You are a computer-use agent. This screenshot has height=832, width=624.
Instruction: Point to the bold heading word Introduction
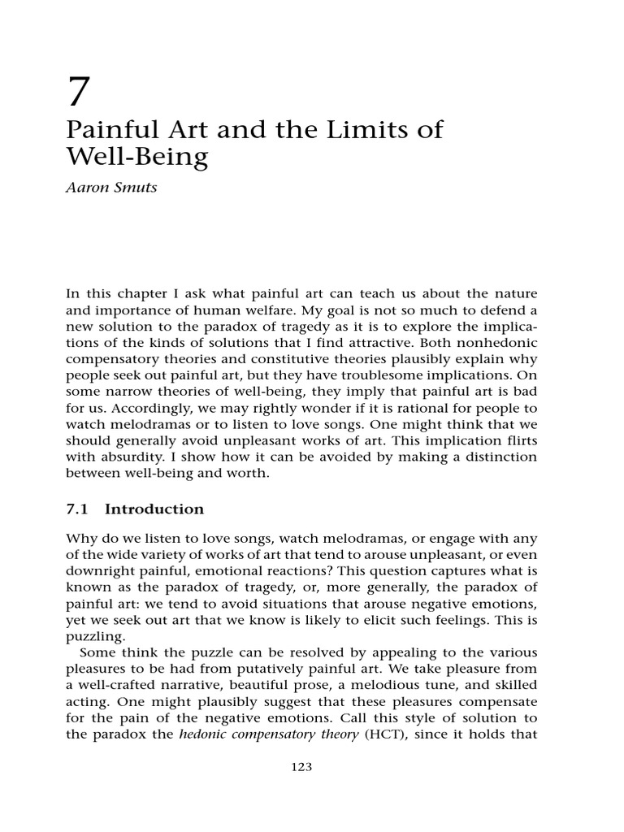point(154,509)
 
